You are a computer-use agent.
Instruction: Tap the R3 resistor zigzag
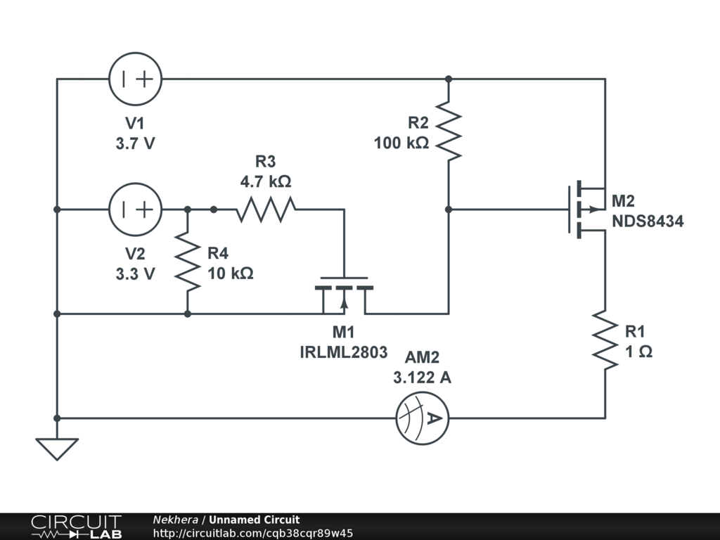(266, 210)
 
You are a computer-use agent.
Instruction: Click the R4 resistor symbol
(188, 262)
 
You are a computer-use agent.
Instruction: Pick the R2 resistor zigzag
(449, 131)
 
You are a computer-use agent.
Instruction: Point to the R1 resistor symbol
(605, 340)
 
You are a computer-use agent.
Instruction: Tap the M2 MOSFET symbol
(587, 210)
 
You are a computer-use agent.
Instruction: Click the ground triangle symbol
(57, 449)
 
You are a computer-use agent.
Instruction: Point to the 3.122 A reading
(422, 378)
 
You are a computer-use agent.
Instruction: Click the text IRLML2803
(343, 352)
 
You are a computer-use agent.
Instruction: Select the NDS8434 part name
(648, 221)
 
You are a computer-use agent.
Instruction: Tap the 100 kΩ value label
(401, 143)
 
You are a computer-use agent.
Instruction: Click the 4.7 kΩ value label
(266, 181)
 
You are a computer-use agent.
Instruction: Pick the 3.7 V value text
(136, 143)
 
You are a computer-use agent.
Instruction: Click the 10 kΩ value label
(231, 274)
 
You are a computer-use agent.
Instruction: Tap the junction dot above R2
(449, 79)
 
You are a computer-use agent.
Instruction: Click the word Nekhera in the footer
(175, 520)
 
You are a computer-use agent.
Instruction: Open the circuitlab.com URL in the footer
(253, 533)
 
